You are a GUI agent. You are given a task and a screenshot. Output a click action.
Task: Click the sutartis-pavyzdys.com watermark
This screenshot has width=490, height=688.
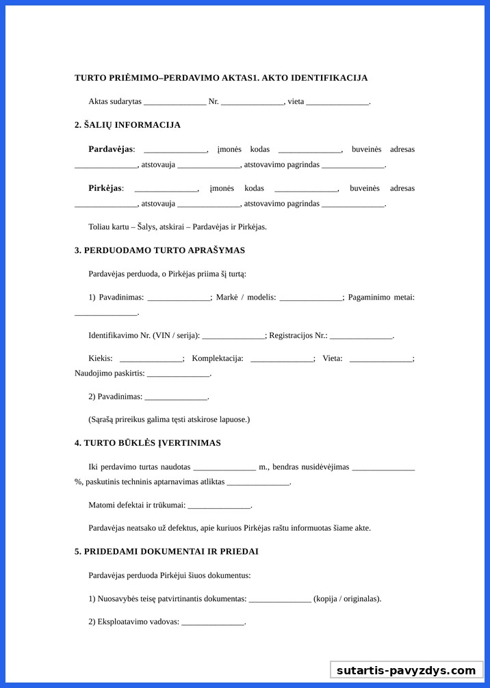(406, 670)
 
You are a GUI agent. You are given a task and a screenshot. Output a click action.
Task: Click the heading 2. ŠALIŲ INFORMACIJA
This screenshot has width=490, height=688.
(127, 125)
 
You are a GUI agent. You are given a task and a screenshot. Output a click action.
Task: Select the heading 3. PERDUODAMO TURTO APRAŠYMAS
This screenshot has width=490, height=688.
(159, 250)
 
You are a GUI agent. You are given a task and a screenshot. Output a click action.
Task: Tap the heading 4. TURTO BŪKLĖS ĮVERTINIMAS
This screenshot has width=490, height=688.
(147, 443)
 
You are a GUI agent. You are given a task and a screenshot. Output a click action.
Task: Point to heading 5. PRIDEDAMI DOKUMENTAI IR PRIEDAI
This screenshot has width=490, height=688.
(166, 551)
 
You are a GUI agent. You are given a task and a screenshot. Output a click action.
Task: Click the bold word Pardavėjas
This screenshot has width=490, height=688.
(111, 149)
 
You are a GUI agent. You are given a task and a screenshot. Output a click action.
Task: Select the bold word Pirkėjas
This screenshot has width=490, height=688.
(105, 188)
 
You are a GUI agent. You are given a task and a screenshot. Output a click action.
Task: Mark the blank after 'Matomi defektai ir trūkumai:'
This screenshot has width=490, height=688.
(219, 507)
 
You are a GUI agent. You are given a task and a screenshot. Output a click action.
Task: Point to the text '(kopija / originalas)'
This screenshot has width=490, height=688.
(347, 599)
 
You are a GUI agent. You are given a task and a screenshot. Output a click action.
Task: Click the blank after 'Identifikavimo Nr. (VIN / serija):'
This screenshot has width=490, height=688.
(233, 336)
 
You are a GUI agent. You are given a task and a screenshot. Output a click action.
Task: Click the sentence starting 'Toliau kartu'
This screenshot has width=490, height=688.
(177, 227)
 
